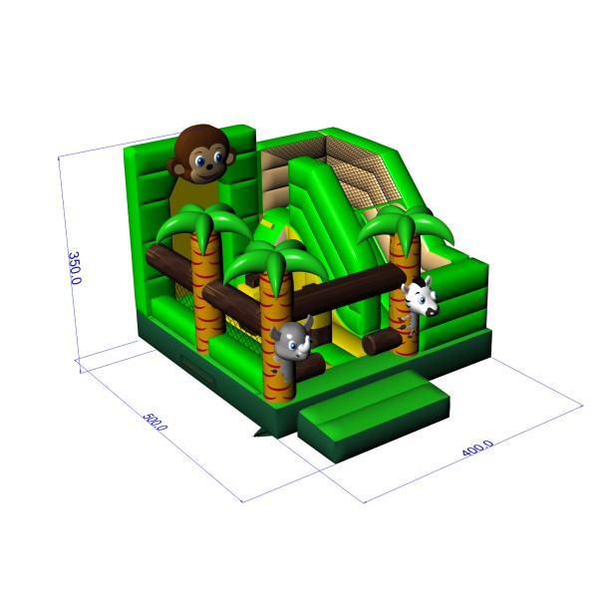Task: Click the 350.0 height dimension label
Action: [75, 268]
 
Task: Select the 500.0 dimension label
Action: [154, 422]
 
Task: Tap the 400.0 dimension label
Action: [477, 448]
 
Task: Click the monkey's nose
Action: [209, 166]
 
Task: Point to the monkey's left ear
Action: [175, 167]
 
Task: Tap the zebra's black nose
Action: [432, 312]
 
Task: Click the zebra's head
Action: [421, 297]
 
